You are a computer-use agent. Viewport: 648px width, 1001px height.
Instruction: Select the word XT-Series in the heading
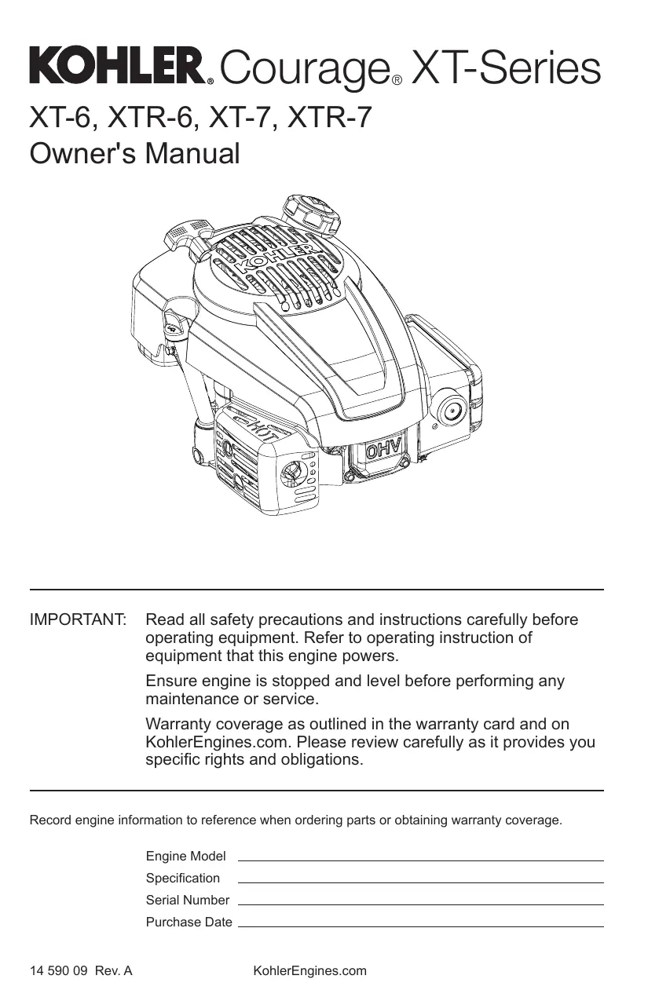click(507, 68)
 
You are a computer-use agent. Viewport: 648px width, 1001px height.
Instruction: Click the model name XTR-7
click(331, 117)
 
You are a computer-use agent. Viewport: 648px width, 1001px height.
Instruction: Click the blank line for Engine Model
click(420, 860)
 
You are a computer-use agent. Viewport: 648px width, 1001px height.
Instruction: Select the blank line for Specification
click(420, 882)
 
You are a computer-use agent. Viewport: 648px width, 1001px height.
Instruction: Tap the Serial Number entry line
click(420, 904)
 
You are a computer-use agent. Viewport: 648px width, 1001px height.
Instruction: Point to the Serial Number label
click(188, 900)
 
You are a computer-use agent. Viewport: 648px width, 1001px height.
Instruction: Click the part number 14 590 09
click(58, 971)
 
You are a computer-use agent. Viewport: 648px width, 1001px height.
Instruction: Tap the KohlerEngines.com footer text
click(309, 971)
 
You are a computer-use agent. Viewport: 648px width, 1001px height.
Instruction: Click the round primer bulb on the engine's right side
click(452, 409)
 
